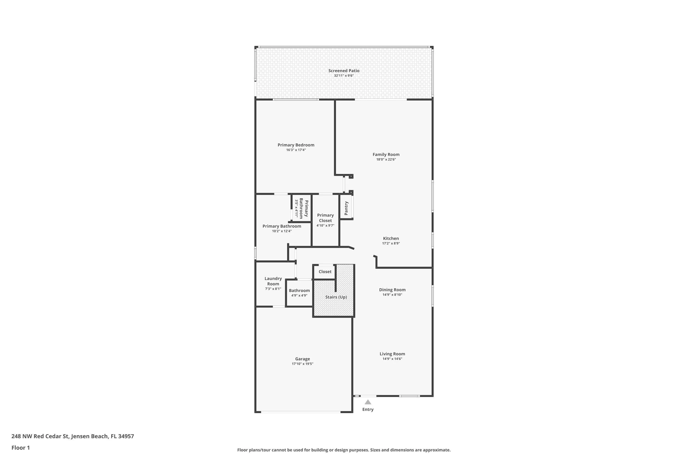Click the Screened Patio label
point(344,70)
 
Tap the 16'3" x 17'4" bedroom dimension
point(296,150)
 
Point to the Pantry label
point(346,208)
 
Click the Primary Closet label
point(325,218)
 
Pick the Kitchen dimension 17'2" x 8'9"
point(391,243)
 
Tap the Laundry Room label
point(273,281)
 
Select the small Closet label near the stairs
point(325,272)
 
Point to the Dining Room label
point(392,290)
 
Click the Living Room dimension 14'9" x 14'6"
point(392,359)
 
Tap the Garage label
point(302,359)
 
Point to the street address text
point(72,436)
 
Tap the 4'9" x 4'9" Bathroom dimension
point(299,295)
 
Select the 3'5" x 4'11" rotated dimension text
point(296,208)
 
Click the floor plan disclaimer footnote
point(344,450)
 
